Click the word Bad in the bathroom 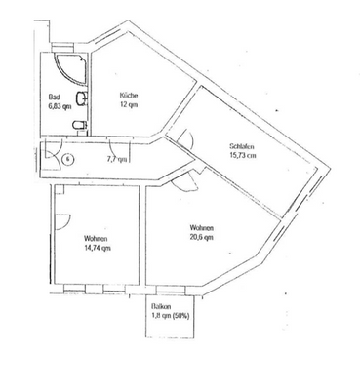(x=55, y=95)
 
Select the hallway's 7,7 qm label (x=115, y=157)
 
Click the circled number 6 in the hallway (x=68, y=158)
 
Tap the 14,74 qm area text (x=96, y=248)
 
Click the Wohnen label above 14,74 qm (x=96, y=239)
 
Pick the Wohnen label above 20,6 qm (x=203, y=229)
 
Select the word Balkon (x=162, y=304)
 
